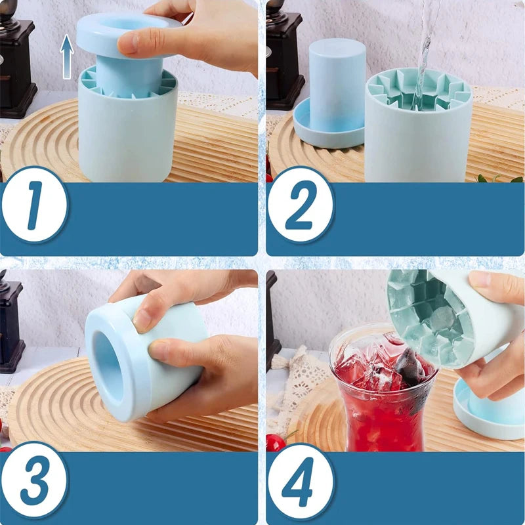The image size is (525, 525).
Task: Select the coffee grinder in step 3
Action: point(11,328)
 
